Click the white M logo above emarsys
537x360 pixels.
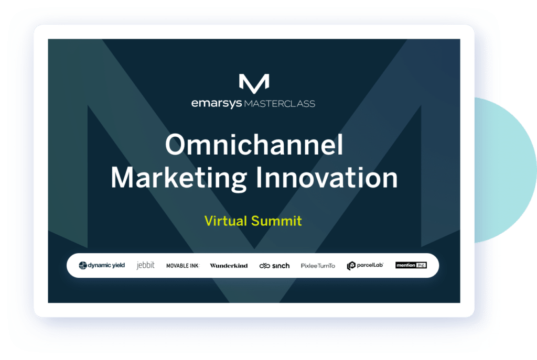click(x=254, y=83)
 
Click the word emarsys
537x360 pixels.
click(x=217, y=103)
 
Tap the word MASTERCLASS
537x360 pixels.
click(x=280, y=104)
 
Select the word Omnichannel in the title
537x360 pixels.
click(x=254, y=145)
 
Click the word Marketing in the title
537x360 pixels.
click(x=178, y=178)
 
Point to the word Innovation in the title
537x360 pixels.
click(x=327, y=178)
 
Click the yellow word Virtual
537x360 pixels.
click(x=225, y=221)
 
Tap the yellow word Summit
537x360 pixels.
click(x=276, y=221)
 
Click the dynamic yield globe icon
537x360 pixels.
click(x=82, y=266)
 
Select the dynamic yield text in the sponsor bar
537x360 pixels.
click(x=106, y=265)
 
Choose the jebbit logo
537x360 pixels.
click(x=146, y=265)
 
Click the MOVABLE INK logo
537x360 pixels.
click(x=182, y=266)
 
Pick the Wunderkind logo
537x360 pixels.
click(x=229, y=266)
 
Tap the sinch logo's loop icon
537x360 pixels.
click(x=265, y=266)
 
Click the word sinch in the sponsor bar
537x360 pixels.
click(x=281, y=266)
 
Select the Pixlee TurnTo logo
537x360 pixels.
click(x=318, y=266)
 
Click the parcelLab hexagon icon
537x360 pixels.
click(x=351, y=266)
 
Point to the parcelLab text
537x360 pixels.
click(x=370, y=265)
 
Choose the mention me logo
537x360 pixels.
click(x=411, y=265)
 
